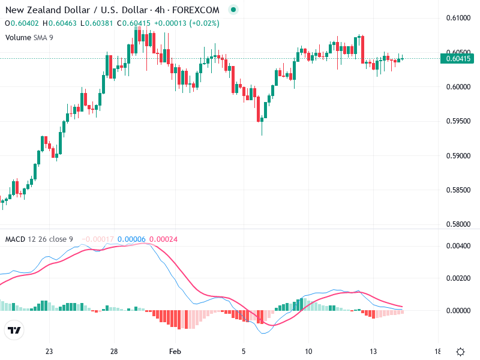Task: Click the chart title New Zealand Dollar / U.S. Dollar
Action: tap(76, 10)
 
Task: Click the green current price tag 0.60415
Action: tap(457, 58)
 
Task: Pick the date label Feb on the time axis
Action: tap(175, 352)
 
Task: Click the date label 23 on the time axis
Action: tap(49, 352)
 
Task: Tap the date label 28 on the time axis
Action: tap(114, 352)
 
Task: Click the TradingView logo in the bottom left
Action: tap(14, 331)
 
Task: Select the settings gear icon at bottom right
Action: tap(460, 352)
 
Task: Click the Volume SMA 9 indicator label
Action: tap(29, 37)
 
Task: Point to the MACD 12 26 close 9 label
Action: tap(39, 239)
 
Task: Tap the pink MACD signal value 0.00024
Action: tap(163, 239)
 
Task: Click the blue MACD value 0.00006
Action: tap(131, 239)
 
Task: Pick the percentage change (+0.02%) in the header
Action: tap(203, 23)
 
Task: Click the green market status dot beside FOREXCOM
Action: tap(233, 10)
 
